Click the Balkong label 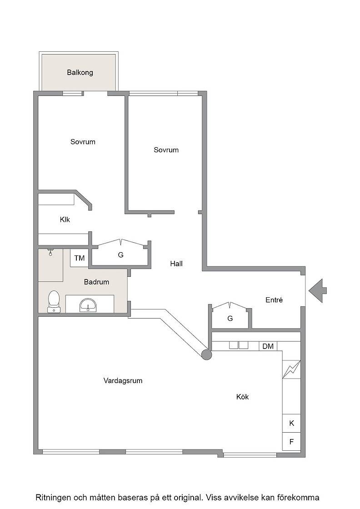pyautogui.click(x=80, y=72)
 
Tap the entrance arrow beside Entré pyautogui.click(x=317, y=291)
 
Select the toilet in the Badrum pyautogui.click(x=54, y=302)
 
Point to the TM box pyautogui.click(x=80, y=258)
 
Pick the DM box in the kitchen pyautogui.click(x=268, y=346)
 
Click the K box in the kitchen pyautogui.click(x=291, y=423)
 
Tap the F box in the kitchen pyautogui.click(x=291, y=441)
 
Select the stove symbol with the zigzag pyautogui.click(x=291, y=369)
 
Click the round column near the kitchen pyautogui.click(x=206, y=355)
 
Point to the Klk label pyautogui.click(x=65, y=220)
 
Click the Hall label pyautogui.click(x=176, y=264)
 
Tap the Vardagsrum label pyautogui.click(x=123, y=381)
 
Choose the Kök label pyautogui.click(x=242, y=397)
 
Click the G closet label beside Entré pyautogui.click(x=230, y=319)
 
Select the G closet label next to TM pyautogui.click(x=121, y=255)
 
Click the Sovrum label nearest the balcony pyautogui.click(x=83, y=142)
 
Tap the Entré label pyautogui.click(x=274, y=300)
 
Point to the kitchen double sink pyautogui.click(x=239, y=345)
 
